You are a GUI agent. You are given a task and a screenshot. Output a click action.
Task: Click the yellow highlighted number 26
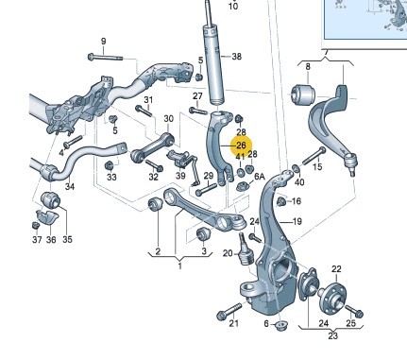click(x=241, y=146)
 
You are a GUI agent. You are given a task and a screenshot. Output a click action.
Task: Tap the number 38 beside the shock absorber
click(x=236, y=57)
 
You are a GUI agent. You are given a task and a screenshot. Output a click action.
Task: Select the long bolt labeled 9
click(x=105, y=58)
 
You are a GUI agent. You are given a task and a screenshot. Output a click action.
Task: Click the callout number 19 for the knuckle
click(x=297, y=222)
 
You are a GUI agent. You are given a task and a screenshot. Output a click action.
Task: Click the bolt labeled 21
click(x=229, y=310)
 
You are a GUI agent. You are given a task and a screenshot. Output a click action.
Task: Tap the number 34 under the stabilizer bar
click(x=70, y=186)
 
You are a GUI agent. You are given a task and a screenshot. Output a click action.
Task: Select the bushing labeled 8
click(x=304, y=94)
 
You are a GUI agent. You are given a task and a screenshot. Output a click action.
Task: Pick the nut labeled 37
click(x=36, y=226)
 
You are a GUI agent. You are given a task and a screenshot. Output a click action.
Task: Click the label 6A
click(x=259, y=177)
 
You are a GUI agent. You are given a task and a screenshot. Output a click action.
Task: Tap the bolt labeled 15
click(x=314, y=156)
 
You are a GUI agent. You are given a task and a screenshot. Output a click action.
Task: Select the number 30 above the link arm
click(x=169, y=119)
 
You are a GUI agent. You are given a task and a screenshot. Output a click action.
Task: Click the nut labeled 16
click(x=281, y=201)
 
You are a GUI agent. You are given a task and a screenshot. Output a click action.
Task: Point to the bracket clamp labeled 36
click(x=47, y=216)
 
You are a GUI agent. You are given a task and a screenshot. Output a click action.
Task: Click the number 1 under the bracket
click(x=180, y=266)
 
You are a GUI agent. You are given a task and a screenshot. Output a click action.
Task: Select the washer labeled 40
click(x=296, y=169)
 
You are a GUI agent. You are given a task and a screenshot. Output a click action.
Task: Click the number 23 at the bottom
click(x=332, y=335)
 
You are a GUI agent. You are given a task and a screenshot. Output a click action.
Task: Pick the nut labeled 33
click(x=109, y=164)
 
